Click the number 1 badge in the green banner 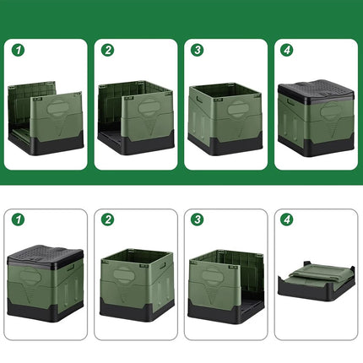click(18, 50)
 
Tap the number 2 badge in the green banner click(108, 50)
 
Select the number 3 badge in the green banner click(198, 50)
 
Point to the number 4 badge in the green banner click(287, 50)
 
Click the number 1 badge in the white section click(18, 219)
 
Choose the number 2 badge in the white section click(108, 219)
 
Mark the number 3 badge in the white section click(198, 219)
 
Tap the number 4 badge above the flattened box click(287, 219)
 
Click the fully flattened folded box click(317, 281)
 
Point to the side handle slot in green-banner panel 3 click(200, 100)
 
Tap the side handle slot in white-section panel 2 click(163, 266)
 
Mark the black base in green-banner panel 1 click(46, 143)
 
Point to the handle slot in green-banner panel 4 click(290, 102)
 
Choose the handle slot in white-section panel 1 click(71, 268)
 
